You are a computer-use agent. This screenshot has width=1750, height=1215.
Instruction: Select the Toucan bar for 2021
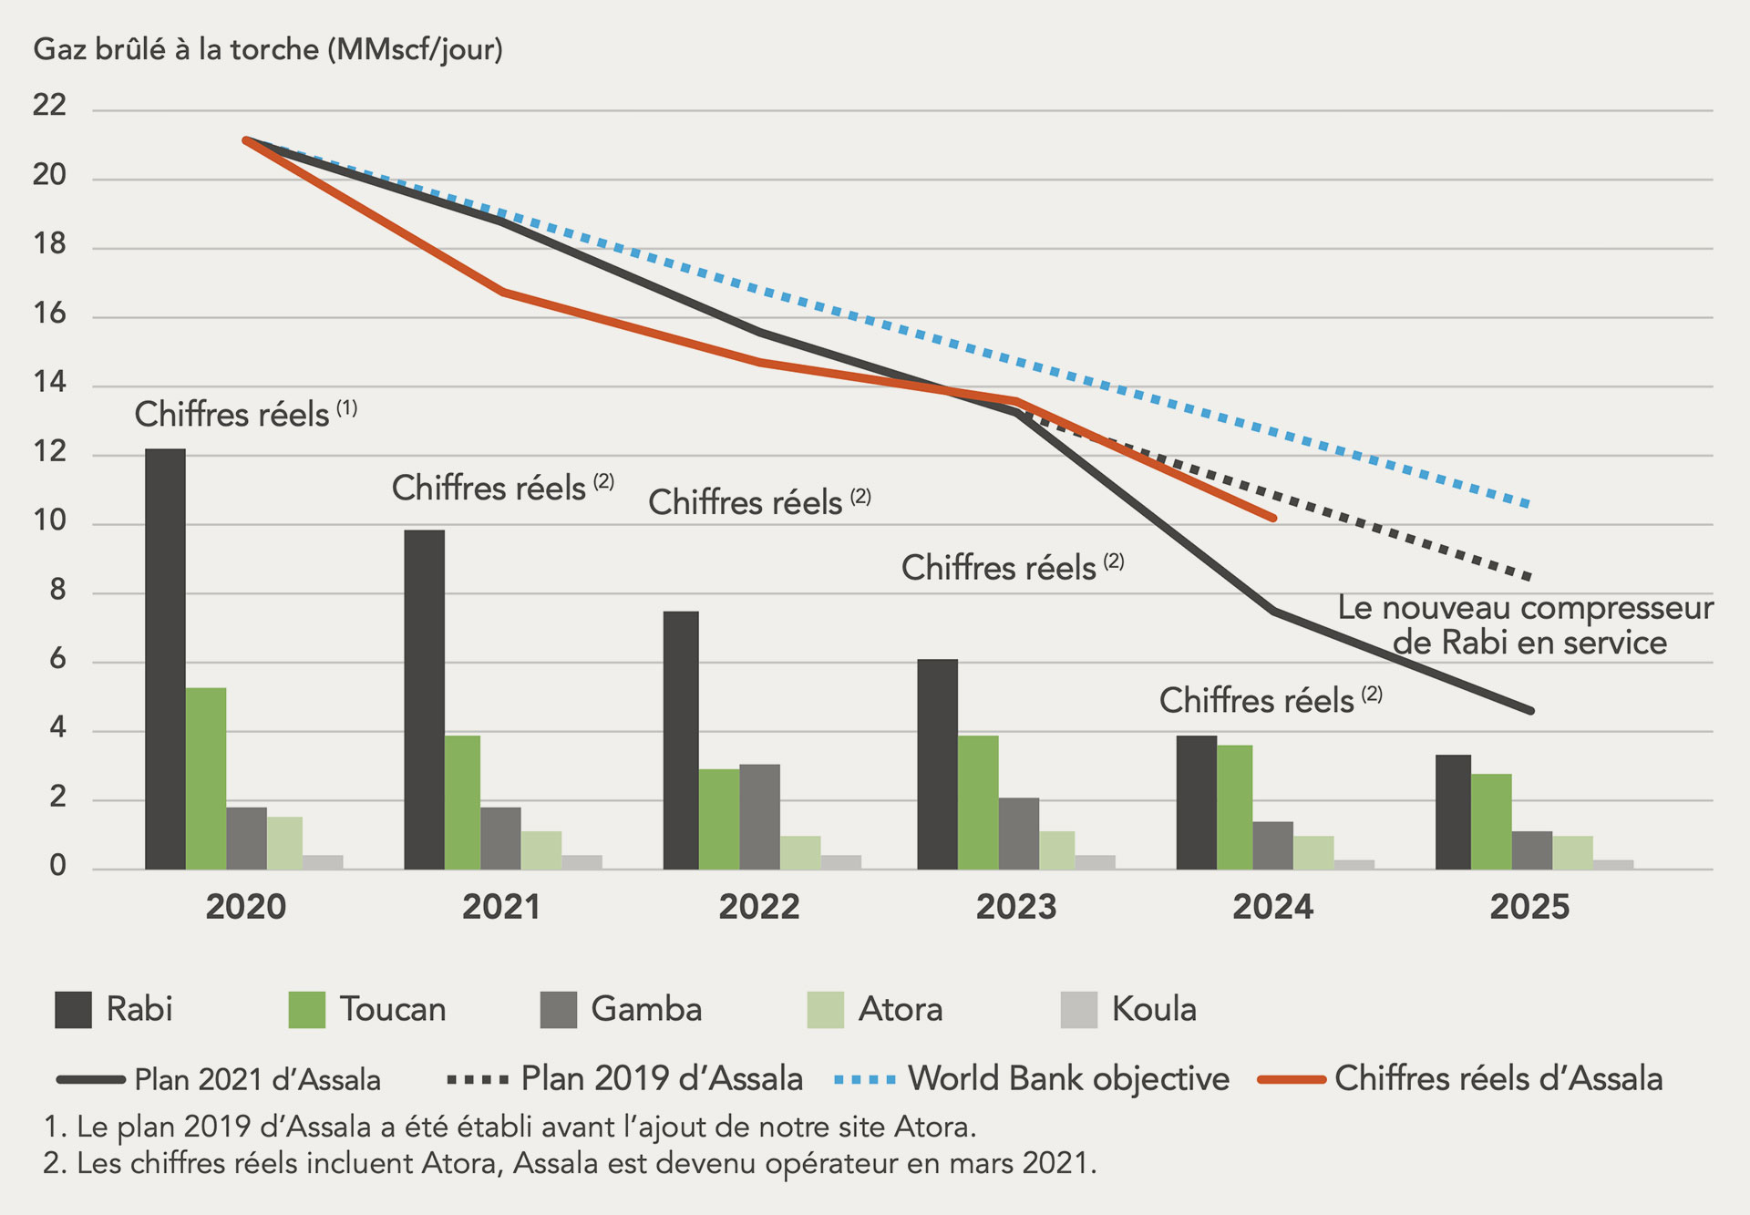[x=462, y=802]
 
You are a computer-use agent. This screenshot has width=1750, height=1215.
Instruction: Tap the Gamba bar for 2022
[x=759, y=817]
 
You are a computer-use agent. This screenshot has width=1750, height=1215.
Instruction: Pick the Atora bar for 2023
[x=1057, y=850]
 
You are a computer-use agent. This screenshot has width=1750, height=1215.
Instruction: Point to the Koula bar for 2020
[x=323, y=862]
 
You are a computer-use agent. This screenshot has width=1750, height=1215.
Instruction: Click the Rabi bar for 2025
[x=1453, y=812]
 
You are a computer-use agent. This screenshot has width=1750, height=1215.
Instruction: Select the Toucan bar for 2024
[x=1234, y=808]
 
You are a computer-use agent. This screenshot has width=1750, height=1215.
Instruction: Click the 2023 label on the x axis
[x=1015, y=907]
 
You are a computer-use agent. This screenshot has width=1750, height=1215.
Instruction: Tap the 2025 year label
[x=1529, y=907]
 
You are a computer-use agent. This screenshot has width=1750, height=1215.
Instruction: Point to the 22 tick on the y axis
[x=49, y=106]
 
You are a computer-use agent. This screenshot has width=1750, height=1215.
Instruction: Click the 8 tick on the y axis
[x=57, y=591]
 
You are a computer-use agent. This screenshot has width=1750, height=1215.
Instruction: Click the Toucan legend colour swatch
[x=306, y=1010]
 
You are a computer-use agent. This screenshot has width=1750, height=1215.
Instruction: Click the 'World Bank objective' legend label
[x=1068, y=1079]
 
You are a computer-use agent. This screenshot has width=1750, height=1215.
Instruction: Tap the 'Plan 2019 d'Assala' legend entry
[x=661, y=1079]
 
